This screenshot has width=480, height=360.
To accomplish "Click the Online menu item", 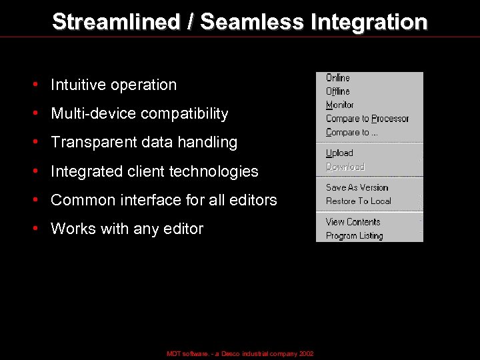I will [x=338, y=78].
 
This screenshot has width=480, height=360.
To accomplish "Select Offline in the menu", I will [x=338, y=91].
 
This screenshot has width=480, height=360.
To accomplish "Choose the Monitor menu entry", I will [x=340, y=105].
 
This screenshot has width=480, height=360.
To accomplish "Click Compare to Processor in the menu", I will [x=367, y=119].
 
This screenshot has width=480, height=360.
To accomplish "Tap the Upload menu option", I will [x=339, y=153].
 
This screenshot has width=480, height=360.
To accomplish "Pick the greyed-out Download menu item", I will [x=345, y=167].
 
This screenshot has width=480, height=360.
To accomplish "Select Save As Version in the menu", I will [x=357, y=188].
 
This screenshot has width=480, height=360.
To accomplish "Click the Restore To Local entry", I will [x=359, y=201].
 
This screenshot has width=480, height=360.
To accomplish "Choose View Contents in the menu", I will [x=353, y=222].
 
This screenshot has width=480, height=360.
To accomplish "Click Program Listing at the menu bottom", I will [x=355, y=236].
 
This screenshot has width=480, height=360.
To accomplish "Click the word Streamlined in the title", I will [x=116, y=22].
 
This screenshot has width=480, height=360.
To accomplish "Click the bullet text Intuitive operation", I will [x=113, y=85].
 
